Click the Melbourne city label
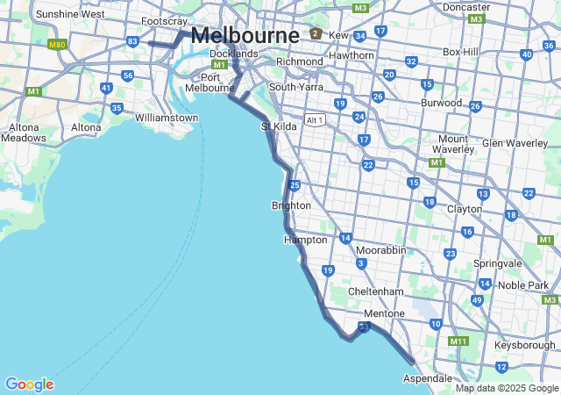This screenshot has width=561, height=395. click(x=245, y=35)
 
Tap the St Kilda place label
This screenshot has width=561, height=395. click(x=279, y=126)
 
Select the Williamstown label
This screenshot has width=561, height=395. click(x=167, y=117)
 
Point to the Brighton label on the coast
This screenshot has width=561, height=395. click(x=291, y=205)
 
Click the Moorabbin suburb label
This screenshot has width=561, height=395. click(x=380, y=250)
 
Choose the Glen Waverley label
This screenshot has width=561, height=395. click(x=515, y=143)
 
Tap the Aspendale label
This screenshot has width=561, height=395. click(x=427, y=377)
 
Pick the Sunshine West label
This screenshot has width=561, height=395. click(x=70, y=14)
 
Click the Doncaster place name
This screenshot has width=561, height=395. click(x=466, y=6)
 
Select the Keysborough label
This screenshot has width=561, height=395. click(x=525, y=345)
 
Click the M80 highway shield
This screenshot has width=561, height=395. click(x=58, y=44)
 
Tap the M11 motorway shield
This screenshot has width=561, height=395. click(x=458, y=341)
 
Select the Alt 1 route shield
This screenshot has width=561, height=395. click(x=315, y=119)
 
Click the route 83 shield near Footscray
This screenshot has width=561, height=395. click(x=132, y=41)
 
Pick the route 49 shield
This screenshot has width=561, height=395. click(x=477, y=300)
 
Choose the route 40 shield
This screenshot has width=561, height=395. click(x=525, y=54)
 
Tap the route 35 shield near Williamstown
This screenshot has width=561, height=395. click(x=117, y=108)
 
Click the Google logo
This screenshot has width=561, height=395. click(x=29, y=384)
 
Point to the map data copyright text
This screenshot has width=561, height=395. click(x=507, y=388)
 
